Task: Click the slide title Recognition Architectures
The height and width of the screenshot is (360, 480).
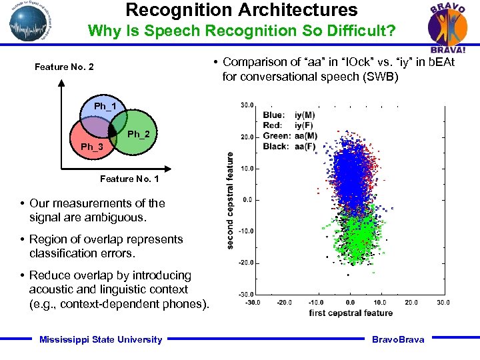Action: (241, 10)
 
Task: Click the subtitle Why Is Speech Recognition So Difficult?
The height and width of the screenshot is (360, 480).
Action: (241, 31)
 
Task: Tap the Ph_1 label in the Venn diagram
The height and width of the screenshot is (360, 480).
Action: (105, 107)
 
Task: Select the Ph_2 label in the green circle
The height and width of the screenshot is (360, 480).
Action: (139, 134)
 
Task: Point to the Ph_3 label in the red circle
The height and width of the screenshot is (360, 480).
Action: (92, 147)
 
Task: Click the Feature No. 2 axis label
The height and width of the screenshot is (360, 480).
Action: (64, 67)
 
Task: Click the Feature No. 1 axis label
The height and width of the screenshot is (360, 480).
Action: (129, 179)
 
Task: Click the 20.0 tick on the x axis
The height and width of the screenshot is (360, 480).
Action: (411, 302)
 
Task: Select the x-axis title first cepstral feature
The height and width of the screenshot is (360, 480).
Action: (351, 313)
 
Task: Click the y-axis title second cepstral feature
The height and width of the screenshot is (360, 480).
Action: (230, 200)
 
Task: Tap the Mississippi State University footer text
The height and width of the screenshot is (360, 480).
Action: (101, 339)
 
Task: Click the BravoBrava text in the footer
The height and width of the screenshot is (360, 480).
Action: (397, 339)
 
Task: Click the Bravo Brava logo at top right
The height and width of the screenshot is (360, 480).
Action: (447, 27)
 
